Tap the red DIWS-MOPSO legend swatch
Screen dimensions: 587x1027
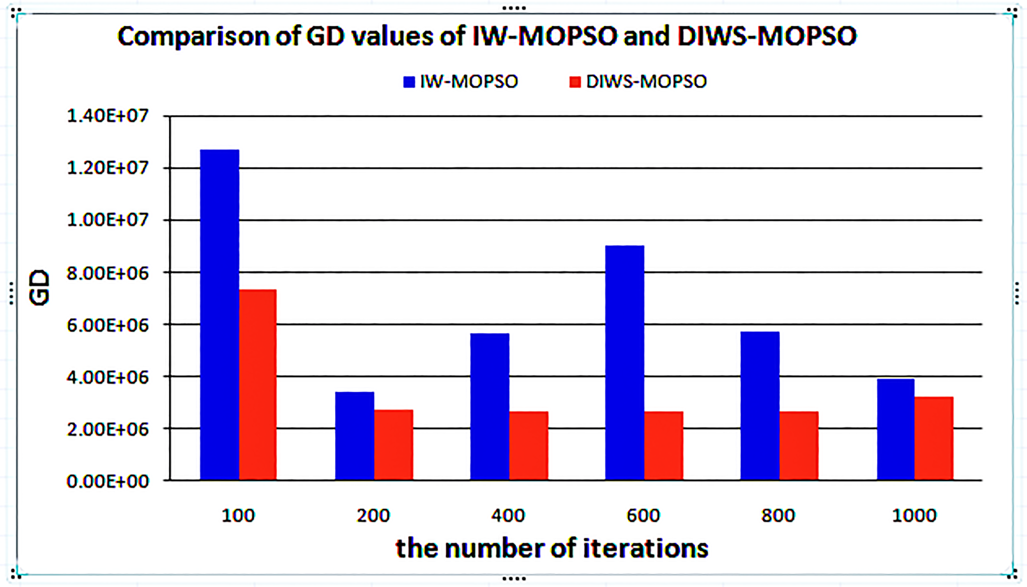point(575,82)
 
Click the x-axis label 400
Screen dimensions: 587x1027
point(508,516)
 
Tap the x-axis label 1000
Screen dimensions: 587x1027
point(914,516)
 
